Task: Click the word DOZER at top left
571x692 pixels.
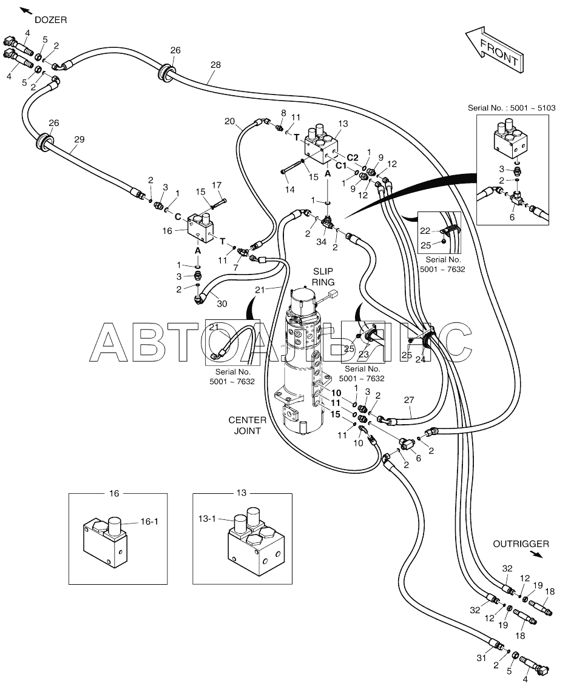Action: coord(50,19)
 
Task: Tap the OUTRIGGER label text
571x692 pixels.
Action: coord(521,544)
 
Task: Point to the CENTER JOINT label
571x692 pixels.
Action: coord(245,425)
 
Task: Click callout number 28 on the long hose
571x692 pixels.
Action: coord(215,64)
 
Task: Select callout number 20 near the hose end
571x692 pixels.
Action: coord(229,121)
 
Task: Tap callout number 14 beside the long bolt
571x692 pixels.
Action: coord(289,189)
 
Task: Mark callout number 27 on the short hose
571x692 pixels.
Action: coord(409,400)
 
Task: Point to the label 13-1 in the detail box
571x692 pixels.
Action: coord(207,519)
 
